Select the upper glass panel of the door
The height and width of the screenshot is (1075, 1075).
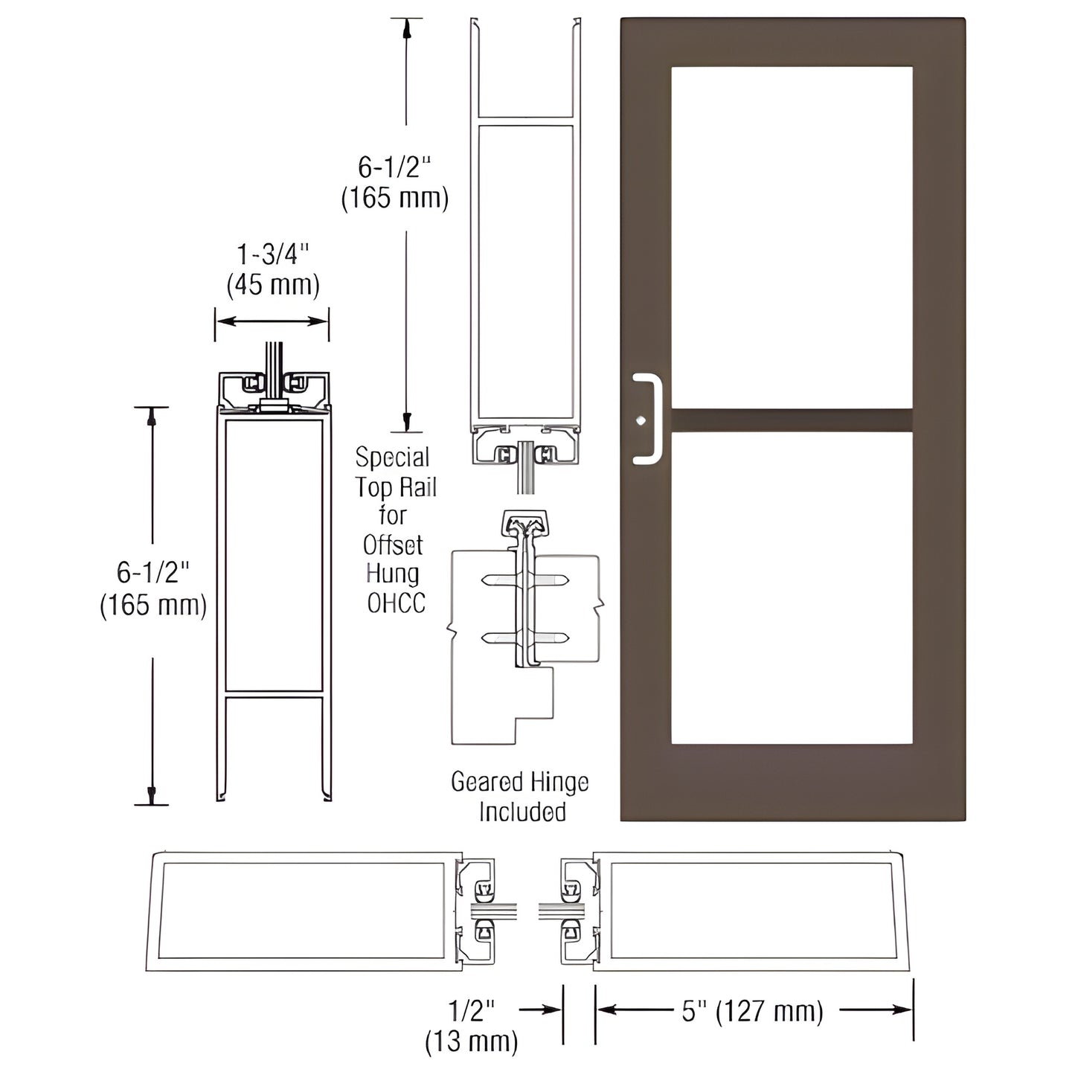(792, 237)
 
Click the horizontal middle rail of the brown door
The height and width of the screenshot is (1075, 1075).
(792, 420)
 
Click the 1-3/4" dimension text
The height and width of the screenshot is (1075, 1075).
(272, 254)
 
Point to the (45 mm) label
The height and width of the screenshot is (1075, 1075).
(272, 284)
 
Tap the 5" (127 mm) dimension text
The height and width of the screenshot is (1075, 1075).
(753, 1011)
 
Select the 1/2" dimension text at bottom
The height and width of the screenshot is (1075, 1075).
(472, 1010)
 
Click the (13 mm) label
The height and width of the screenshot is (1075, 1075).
(472, 1041)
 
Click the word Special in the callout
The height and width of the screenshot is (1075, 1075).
(393, 457)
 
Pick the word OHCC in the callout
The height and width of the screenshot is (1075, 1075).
(397, 603)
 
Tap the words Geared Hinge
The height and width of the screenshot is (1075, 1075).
(519, 782)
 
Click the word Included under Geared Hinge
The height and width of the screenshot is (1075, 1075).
(522, 812)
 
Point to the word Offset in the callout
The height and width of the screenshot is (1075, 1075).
(393, 545)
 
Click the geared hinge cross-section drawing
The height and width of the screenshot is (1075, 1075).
(524, 625)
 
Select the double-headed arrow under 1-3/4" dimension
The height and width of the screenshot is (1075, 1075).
(272, 321)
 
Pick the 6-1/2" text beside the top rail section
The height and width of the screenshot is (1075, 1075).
(394, 167)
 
